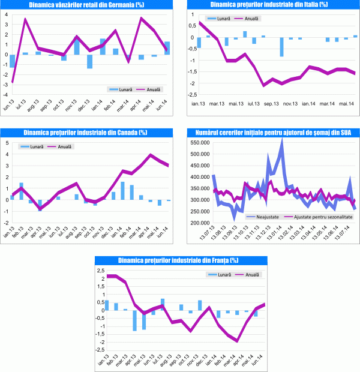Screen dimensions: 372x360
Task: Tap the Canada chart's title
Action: [x=87, y=132]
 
